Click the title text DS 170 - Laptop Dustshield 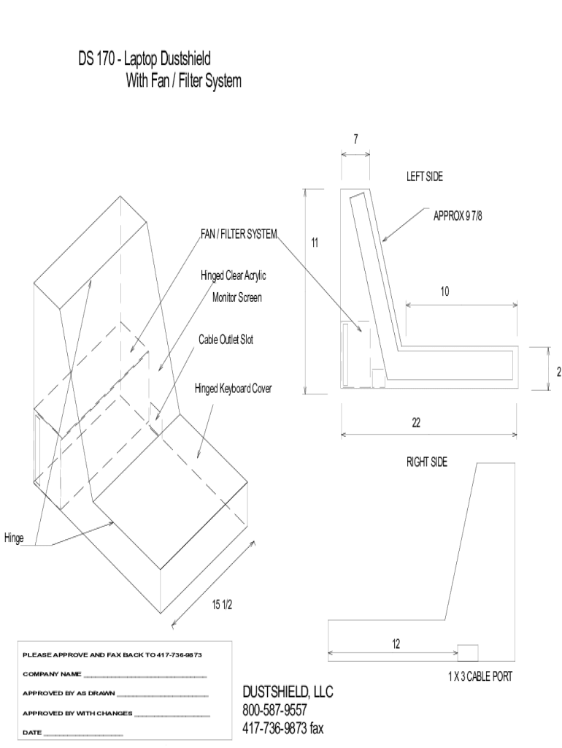(145, 58)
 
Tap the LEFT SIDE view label (425, 177)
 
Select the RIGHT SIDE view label (427, 462)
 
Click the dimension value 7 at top (355, 139)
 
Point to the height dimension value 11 (315, 243)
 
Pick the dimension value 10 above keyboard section (444, 291)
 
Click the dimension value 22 (416, 423)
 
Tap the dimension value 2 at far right (559, 372)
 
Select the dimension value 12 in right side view (396, 644)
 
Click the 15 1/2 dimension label (222, 605)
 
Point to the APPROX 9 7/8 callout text (458, 216)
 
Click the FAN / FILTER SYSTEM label (239, 234)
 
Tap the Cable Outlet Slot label (226, 340)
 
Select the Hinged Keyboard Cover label (233, 389)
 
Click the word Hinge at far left (14, 538)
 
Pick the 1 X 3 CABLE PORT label (480, 676)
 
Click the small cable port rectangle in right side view (468, 652)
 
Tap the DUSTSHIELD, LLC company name (288, 692)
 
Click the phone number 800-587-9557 (274, 710)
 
